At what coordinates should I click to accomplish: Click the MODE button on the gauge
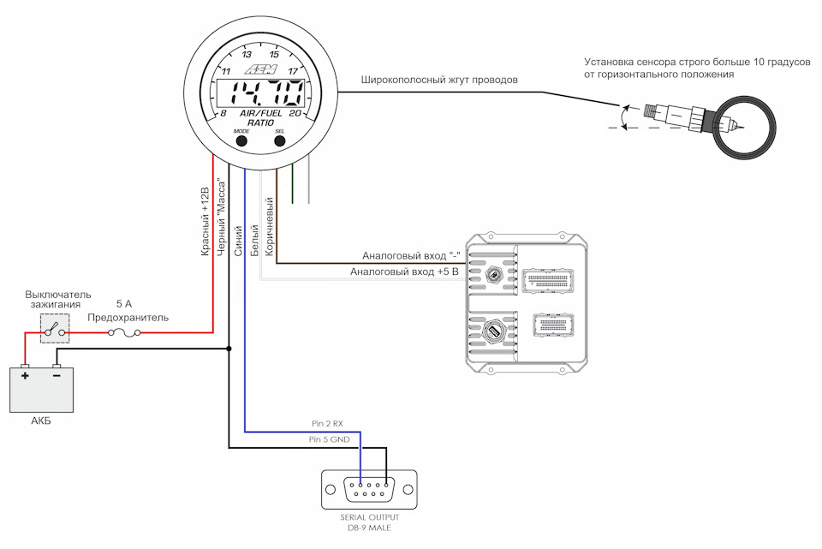pyautogui.click(x=241, y=140)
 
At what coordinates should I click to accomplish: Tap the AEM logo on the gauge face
pyautogui.click(x=260, y=69)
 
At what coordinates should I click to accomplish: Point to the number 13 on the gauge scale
pyautogui.click(x=247, y=55)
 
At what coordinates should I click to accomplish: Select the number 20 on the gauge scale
pyautogui.click(x=295, y=113)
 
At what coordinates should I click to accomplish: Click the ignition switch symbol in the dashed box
pyautogui.click(x=55, y=329)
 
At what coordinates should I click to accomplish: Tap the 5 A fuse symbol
pyautogui.click(x=124, y=332)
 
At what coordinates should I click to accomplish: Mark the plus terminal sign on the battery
pyautogui.click(x=25, y=376)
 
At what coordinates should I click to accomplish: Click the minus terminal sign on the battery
pyautogui.click(x=57, y=375)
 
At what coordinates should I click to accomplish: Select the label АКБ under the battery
pyautogui.click(x=41, y=421)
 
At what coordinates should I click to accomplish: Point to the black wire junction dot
pyautogui.click(x=229, y=349)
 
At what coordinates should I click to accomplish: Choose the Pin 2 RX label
pyautogui.click(x=327, y=424)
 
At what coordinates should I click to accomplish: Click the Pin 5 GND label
pyautogui.click(x=329, y=439)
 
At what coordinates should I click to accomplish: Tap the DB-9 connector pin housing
pyautogui.click(x=369, y=490)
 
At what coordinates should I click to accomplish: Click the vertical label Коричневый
pyautogui.click(x=270, y=226)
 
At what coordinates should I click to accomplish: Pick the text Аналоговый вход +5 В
pyautogui.click(x=404, y=272)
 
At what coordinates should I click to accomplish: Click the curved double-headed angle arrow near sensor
pyautogui.click(x=622, y=116)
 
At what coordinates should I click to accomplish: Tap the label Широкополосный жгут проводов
pyautogui.click(x=439, y=81)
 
